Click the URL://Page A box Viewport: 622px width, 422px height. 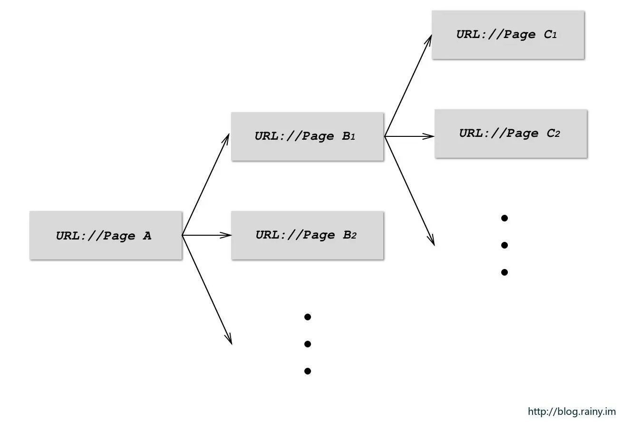[106, 236]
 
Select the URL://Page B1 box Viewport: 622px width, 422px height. [307, 136]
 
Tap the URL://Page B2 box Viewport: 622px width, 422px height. [307, 235]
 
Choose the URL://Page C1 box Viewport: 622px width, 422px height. [508, 35]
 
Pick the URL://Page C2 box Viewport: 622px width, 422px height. [511, 134]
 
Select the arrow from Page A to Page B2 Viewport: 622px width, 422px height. [207, 235]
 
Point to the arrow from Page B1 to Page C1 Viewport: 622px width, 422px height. [408, 86]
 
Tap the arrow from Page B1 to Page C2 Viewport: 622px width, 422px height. [409, 136]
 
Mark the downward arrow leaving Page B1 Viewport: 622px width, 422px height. [409, 191]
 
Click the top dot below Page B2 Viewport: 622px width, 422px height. [308, 317]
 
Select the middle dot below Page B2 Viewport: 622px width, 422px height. [308, 344]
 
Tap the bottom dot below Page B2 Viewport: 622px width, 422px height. [308, 371]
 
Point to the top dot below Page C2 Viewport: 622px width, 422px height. [505, 218]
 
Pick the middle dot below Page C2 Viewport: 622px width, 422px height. [505, 245]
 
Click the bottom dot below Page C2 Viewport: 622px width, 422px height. [505, 272]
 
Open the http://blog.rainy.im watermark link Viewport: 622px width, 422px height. [572, 412]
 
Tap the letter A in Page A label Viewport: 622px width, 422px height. [147, 236]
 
